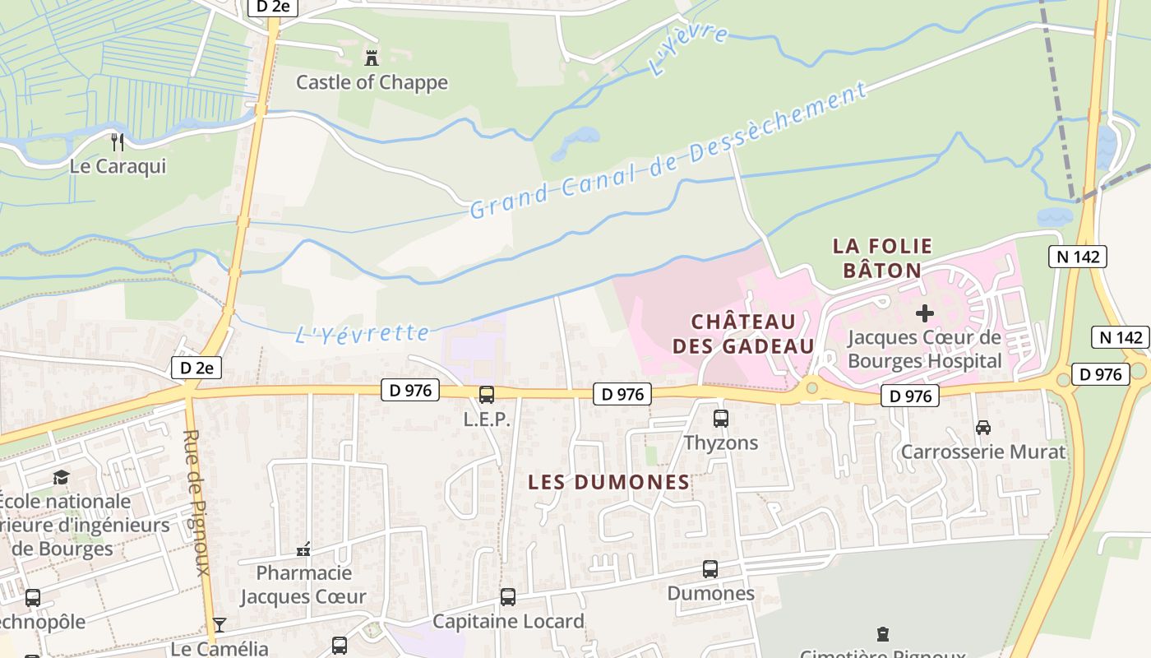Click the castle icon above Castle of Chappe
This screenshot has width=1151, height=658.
(372, 58)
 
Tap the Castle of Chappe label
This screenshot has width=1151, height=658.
(372, 82)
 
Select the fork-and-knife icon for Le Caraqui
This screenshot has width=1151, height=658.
(118, 142)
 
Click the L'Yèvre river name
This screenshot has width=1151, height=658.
(688, 52)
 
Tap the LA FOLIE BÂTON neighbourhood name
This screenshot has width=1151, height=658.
(882, 257)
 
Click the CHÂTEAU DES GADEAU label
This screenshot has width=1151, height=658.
(743, 333)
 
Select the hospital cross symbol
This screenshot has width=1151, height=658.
(925, 313)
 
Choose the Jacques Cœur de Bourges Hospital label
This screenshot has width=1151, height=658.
(925, 350)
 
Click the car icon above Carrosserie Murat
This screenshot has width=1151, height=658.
(982, 428)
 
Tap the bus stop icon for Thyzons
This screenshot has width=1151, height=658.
(721, 419)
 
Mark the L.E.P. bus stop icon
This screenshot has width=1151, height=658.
(487, 395)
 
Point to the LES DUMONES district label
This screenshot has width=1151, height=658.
(608, 483)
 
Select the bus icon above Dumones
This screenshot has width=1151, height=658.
(710, 569)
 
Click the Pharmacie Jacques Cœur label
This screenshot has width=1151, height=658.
(303, 585)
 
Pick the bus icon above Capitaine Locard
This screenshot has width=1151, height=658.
(508, 597)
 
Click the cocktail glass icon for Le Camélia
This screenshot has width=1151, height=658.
(220, 625)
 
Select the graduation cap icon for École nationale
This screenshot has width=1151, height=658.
(61, 478)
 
